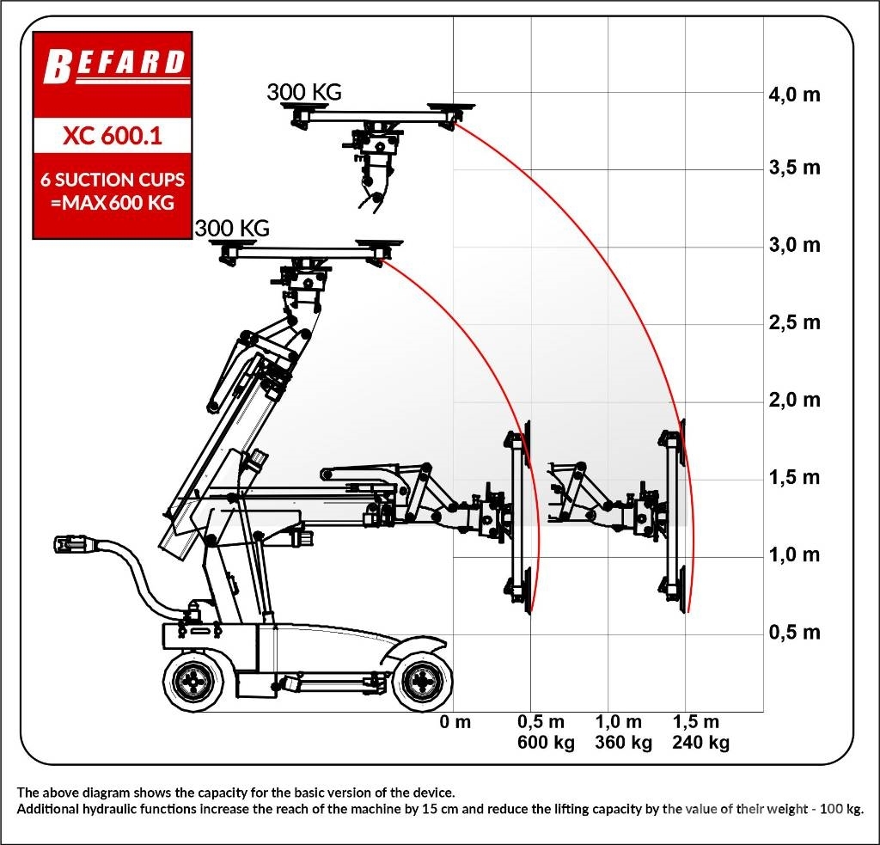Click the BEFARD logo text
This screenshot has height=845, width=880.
click(114, 65)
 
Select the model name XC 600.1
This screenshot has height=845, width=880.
click(113, 135)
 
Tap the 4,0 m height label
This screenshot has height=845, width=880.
click(794, 95)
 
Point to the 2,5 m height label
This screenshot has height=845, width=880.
click(794, 322)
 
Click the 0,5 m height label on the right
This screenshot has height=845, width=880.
click(794, 632)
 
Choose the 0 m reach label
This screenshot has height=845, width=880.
click(455, 721)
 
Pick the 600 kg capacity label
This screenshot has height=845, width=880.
click(546, 742)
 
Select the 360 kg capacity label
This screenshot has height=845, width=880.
click(624, 742)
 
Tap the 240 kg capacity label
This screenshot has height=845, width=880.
click(701, 742)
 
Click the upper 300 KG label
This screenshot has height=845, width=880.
click(304, 92)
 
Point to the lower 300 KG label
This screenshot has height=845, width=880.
click(232, 228)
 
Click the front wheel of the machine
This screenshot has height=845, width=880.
click(423, 682)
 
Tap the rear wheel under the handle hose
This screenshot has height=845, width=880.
click(194, 682)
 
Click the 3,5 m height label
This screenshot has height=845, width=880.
click(794, 168)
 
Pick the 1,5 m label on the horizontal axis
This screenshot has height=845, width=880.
click(696, 721)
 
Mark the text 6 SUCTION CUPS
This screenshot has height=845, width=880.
click(113, 180)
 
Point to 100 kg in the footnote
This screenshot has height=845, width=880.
click(840, 809)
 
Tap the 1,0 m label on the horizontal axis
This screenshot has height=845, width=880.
click(619, 721)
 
